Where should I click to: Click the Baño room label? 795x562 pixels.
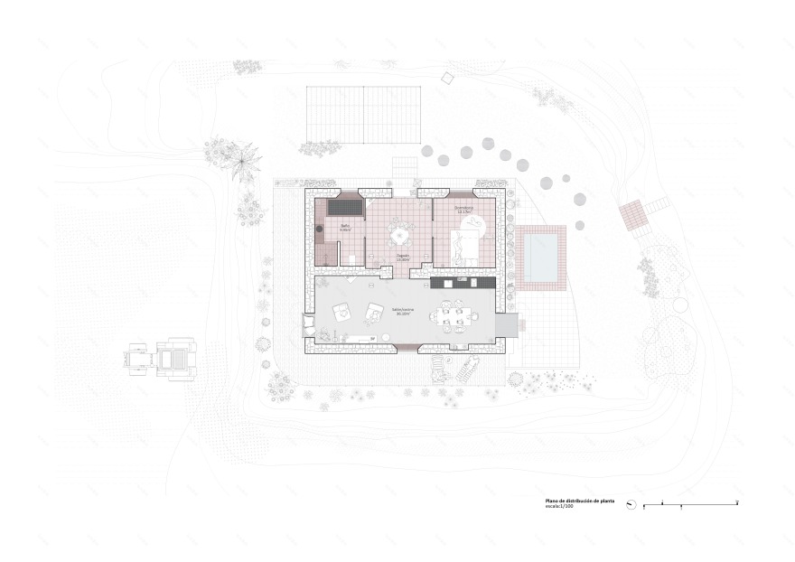pyautogui.click(x=345, y=228)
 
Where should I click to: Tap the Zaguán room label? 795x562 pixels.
pyautogui.click(x=403, y=257)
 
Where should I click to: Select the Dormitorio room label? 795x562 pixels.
pyautogui.click(x=466, y=210)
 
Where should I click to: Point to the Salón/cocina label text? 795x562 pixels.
pyautogui.click(x=401, y=312)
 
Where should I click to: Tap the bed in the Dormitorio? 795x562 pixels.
pyautogui.click(x=465, y=244)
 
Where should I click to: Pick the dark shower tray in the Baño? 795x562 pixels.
pyautogui.click(x=345, y=208)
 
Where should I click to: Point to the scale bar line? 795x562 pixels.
pyautogui.click(x=691, y=503)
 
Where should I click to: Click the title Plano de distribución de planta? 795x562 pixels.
pyautogui.click(x=580, y=500)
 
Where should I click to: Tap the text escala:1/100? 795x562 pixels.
pyautogui.click(x=561, y=507)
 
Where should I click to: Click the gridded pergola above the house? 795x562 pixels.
pyautogui.click(x=364, y=114)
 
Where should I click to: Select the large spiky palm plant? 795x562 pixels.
pyautogui.click(x=241, y=164)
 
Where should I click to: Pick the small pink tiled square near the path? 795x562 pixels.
pyautogui.click(x=633, y=214)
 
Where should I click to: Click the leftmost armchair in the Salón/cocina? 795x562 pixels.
pyautogui.click(x=342, y=312)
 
